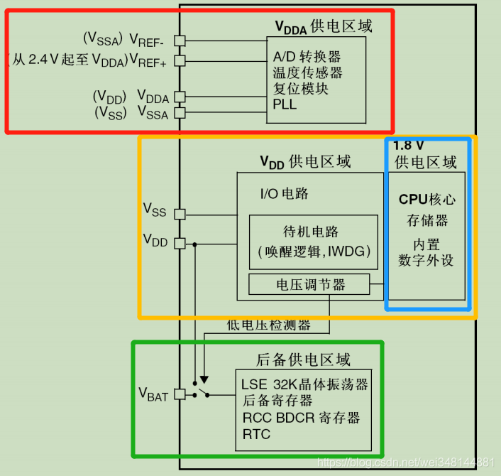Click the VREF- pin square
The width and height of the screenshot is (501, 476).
[x=180, y=40]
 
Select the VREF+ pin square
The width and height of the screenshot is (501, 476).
[x=180, y=61]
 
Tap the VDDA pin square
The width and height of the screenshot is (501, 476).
[x=180, y=97]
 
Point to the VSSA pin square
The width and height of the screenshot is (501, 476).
[x=180, y=112]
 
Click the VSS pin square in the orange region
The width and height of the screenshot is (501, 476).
[x=180, y=213]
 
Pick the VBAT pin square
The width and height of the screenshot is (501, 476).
[x=180, y=394]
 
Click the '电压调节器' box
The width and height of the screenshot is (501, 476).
[x=309, y=285]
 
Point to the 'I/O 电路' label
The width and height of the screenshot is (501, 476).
[x=285, y=193]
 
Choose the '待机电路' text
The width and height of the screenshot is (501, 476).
[x=310, y=232]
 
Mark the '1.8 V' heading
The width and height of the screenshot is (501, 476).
[x=410, y=145]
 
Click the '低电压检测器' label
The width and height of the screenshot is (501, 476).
[x=268, y=325]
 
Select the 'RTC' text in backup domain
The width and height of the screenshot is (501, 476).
[x=256, y=433]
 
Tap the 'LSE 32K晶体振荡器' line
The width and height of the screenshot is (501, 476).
[x=304, y=384]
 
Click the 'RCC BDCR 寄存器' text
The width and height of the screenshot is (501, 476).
[x=301, y=417]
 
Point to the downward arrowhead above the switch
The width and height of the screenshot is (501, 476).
[x=204, y=379]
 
